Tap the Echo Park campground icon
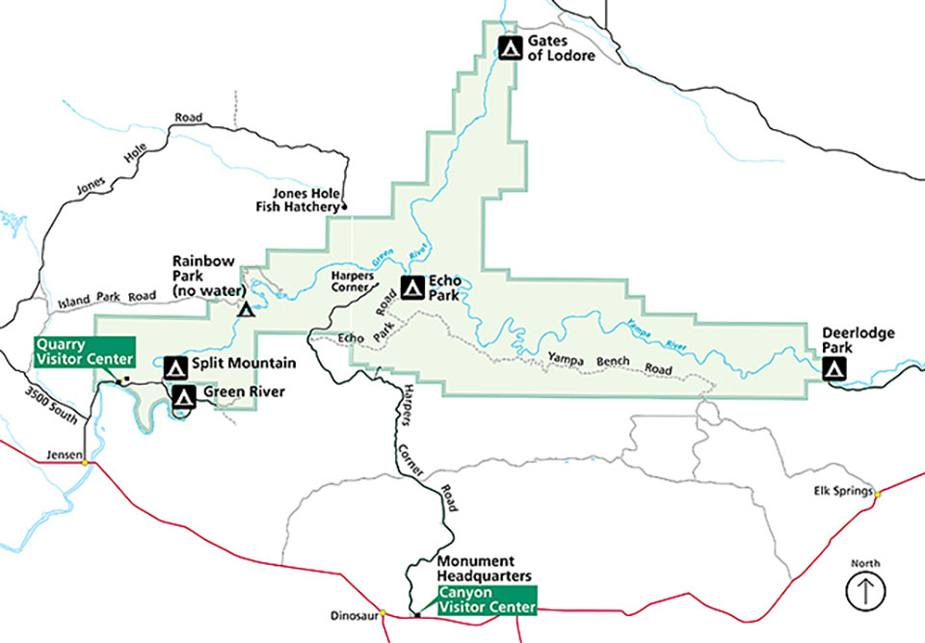pyautogui.click(x=412, y=286)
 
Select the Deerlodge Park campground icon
pyautogui.click(x=834, y=367)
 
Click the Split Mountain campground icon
pyautogui.click(x=174, y=366)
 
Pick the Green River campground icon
pyautogui.click(x=183, y=394)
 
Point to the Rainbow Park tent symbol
pyautogui.click(x=246, y=309)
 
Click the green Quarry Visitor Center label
pyautogui.click(x=85, y=352)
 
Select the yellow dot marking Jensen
pyautogui.click(x=85, y=462)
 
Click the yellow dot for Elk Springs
pyautogui.click(x=877, y=494)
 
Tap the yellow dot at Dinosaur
pyautogui.click(x=383, y=612)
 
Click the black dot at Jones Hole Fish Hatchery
pyautogui.click(x=344, y=207)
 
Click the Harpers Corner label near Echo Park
pyautogui.click(x=352, y=281)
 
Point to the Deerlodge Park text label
pyautogui.click(x=858, y=340)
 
